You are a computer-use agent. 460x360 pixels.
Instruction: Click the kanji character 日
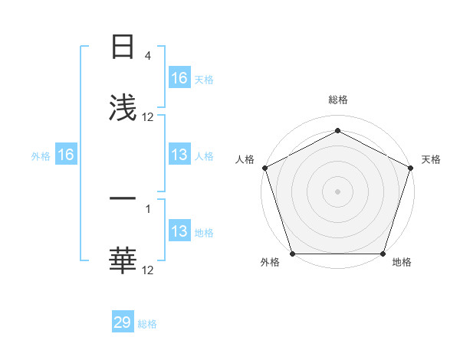click(x=123, y=47)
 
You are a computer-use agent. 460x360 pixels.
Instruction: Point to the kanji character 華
click(x=123, y=260)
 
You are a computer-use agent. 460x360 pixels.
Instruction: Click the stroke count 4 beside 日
click(x=147, y=56)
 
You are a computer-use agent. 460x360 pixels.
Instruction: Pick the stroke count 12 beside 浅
click(x=148, y=117)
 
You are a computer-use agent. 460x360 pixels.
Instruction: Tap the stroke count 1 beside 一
click(x=147, y=208)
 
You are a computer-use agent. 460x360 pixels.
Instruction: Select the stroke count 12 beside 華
click(x=148, y=270)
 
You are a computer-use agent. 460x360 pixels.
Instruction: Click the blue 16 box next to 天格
click(x=179, y=78)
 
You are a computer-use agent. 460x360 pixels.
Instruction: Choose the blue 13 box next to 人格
click(x=179, y=155)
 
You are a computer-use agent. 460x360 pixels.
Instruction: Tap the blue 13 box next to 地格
click(x=179, y=231)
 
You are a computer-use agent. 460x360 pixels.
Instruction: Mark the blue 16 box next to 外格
click(x=66, y=155)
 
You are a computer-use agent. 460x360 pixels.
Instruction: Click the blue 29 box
click(x=123, y=322)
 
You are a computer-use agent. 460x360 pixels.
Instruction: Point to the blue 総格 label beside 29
click(x=147, y=324)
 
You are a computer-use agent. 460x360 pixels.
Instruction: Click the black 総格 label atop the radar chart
click(x=338, y=100)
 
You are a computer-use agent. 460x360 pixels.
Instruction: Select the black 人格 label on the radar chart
click(x=245, y=159)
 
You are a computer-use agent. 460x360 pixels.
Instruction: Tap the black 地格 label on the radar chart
click(x=402, y=262)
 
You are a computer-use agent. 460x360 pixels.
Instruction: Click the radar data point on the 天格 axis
click(x=411, y=168)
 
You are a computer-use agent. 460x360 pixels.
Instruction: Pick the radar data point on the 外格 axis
click(x=293, y=254)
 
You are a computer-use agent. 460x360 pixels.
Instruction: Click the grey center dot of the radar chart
click(x=338, y=191)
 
